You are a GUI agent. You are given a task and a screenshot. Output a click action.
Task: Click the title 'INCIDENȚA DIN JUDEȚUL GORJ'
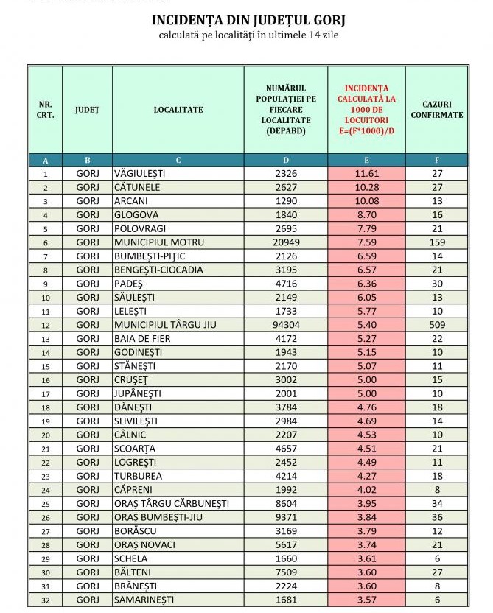point(248,20)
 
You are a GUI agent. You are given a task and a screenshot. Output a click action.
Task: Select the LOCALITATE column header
point(178,110)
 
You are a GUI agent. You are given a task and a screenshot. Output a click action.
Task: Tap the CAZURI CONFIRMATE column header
point(436,110)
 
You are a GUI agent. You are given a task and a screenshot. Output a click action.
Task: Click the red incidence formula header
point(366,109)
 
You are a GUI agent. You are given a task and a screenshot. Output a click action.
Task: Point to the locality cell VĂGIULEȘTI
point(140,174)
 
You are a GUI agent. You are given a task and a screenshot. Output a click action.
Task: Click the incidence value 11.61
point(366,174)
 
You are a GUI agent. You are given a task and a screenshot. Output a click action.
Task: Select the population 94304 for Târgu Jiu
point(286,324)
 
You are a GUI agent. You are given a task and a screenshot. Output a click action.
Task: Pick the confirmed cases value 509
point(436,324)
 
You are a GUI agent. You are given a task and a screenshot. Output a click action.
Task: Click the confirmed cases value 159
point(436,242)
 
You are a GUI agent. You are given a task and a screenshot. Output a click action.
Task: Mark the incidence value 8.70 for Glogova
point(366,214)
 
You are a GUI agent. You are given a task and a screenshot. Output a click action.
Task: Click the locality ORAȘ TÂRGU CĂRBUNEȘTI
point(171,503)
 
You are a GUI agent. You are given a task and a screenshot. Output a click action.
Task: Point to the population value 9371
point(286,517)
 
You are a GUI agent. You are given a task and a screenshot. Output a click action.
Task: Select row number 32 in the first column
point(46,599)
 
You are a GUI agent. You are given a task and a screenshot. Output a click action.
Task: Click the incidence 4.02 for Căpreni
point(366,489)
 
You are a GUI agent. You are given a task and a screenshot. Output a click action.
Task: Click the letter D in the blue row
point(286,160)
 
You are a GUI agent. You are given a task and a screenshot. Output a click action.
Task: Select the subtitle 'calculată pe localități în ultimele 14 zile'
point(248,35)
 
